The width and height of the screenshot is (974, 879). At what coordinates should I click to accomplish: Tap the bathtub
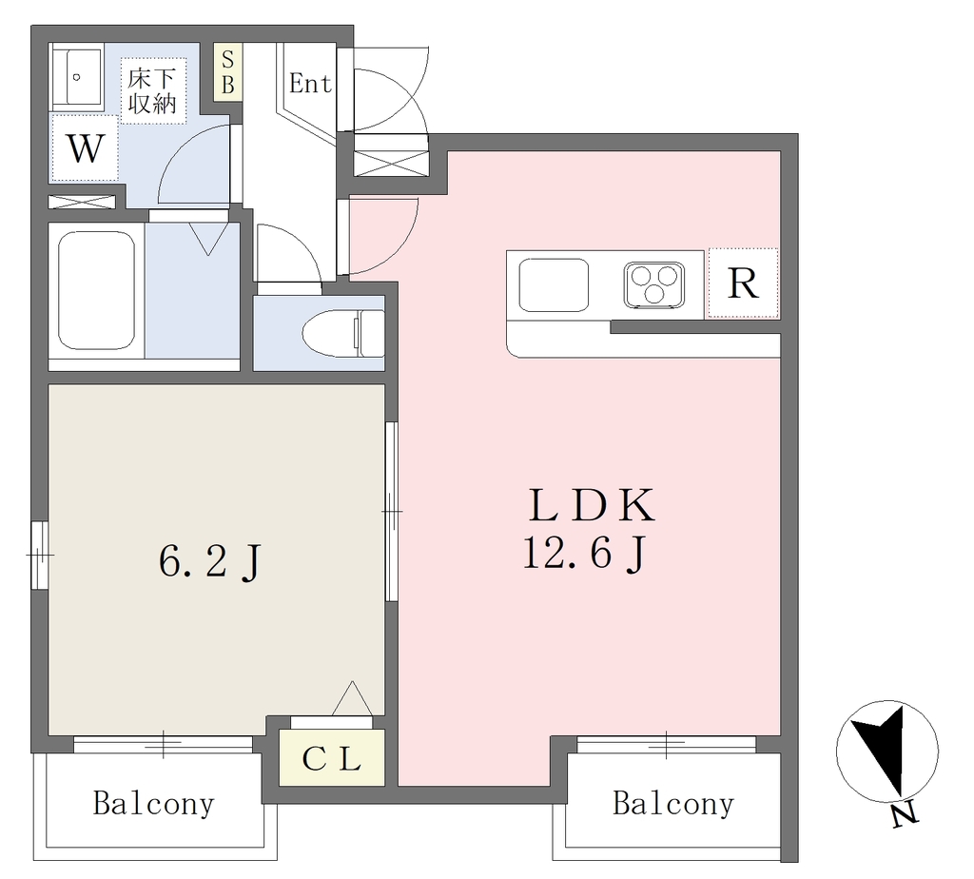point(96,291)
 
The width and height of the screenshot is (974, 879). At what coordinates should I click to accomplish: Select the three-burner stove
point(654,284)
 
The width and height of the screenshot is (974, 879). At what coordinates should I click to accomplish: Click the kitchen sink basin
point(554,284)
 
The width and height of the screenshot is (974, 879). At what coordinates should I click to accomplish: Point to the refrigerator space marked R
point(743,283)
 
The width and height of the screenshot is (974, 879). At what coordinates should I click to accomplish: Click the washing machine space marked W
point(85,147)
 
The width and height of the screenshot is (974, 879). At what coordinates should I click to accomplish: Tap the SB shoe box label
point(227,72)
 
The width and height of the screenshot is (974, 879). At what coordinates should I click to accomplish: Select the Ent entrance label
point(310,84)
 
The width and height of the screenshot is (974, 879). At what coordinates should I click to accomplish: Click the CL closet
point(332,757)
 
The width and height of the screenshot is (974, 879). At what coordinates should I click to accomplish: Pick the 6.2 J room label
point(210,561)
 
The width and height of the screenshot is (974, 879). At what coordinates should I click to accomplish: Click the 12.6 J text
point(585,553)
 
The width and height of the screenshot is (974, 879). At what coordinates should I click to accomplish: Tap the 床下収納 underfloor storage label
point(151,90)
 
